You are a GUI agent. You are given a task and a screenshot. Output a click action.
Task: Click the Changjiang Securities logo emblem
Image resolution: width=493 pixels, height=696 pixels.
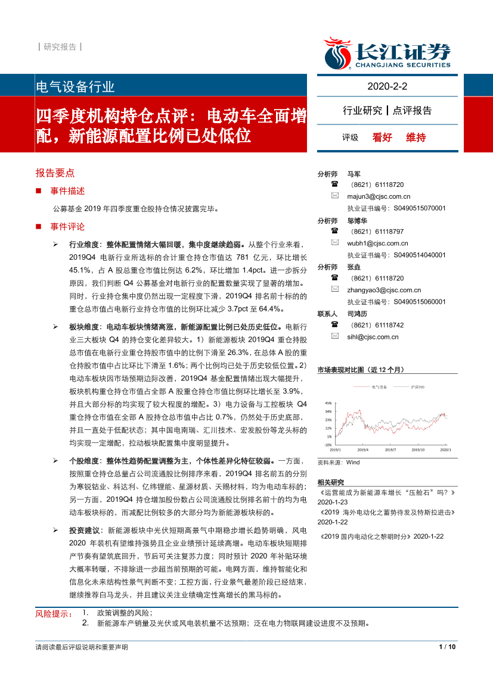(x=338, y=52)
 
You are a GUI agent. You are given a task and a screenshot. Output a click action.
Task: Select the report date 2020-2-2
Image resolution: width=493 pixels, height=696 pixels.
(x=387, y=87)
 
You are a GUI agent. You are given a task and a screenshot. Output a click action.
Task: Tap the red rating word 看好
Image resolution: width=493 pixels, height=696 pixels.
(x=382, y=137)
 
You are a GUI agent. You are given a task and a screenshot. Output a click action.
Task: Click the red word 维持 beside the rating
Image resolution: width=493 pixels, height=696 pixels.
(x=416, y=137)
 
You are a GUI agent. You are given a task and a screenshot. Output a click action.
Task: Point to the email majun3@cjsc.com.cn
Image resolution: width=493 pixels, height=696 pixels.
(x=379, y=196)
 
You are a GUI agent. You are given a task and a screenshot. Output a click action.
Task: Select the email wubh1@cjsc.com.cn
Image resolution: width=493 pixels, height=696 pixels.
(x=377, y=243)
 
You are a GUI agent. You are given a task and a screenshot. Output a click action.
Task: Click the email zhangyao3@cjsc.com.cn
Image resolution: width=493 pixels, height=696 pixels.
(x=383, y=290)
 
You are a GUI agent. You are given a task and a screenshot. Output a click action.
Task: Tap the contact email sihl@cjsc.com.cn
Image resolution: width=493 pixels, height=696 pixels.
(x=373, y=336)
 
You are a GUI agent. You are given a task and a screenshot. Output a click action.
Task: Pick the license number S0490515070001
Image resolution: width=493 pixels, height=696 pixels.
(x=420, y=208)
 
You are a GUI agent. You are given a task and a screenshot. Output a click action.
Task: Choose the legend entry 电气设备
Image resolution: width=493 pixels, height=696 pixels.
(x=379, y=387)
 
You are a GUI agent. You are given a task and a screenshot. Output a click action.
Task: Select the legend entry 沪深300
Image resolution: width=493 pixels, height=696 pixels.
(x=417, y=387)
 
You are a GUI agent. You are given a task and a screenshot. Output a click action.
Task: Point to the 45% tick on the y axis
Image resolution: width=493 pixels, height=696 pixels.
(x=328, y=404)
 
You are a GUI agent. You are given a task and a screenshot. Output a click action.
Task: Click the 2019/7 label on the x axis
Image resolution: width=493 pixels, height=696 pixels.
(x=391, y=450)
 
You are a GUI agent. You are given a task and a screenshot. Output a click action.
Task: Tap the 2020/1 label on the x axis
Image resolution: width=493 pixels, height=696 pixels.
(x=445, y=450)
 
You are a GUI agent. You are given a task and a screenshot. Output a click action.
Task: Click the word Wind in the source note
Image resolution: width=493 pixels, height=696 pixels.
(x=353, y=462)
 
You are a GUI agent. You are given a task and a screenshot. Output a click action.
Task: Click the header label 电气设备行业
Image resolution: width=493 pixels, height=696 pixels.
(x=76, y=87)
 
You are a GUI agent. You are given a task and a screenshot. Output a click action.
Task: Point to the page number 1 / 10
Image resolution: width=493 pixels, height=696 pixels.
(x=447, y=647)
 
